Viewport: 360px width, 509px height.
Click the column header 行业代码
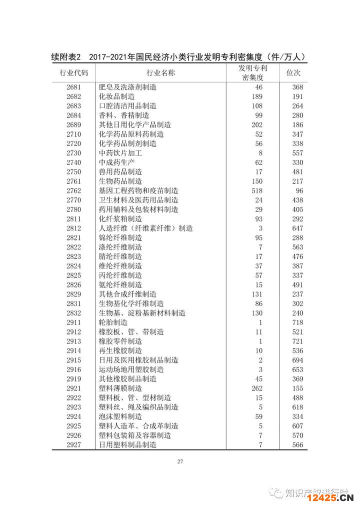coord(73,73)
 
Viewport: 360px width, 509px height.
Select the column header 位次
coord(293,73)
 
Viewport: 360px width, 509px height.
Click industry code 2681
coord(73,87)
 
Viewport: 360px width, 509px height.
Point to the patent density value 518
coord(256,190)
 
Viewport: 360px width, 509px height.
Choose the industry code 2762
coord(73,190)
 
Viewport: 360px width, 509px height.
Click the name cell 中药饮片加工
coord(120,153)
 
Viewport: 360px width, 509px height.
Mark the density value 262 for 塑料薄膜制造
coord(256,388)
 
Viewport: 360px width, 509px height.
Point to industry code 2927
coord(73,444)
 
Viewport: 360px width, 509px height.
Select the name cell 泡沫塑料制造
coord(120,416)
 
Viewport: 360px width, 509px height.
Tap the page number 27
coord(180,461)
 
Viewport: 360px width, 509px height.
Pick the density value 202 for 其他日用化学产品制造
coord(256,124)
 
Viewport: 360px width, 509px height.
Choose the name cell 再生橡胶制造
coord(120,350)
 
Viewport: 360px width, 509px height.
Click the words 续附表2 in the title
coord(69,57)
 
